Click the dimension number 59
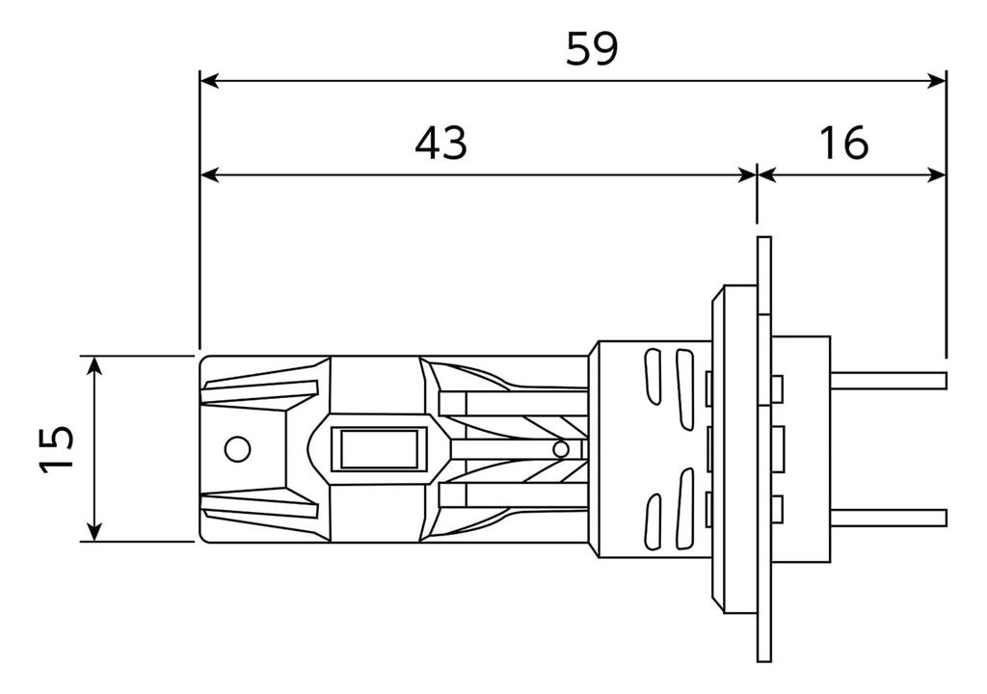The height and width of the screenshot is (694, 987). pyautogui.click(x=592, y=49)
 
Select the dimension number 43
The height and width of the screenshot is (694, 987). pyautogui.click(x=441, y=143)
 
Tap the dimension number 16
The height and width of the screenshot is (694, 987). pyautogui.click(x=843, y=143)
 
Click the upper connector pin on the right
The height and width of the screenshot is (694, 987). pyautogui.click(x=889, y=381)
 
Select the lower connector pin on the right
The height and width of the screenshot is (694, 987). pyautogui.click(x=889, y=517)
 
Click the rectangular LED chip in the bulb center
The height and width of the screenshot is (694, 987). pyautogui.click(x=380, y=449)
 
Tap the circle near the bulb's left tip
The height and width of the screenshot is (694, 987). pyautogui.click(x=237, y=449)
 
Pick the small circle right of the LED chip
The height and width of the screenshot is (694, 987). pyautogui.click(x=560, y=449)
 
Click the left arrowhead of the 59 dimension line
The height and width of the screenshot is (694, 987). pyautogui.click(x=209, y=81)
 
